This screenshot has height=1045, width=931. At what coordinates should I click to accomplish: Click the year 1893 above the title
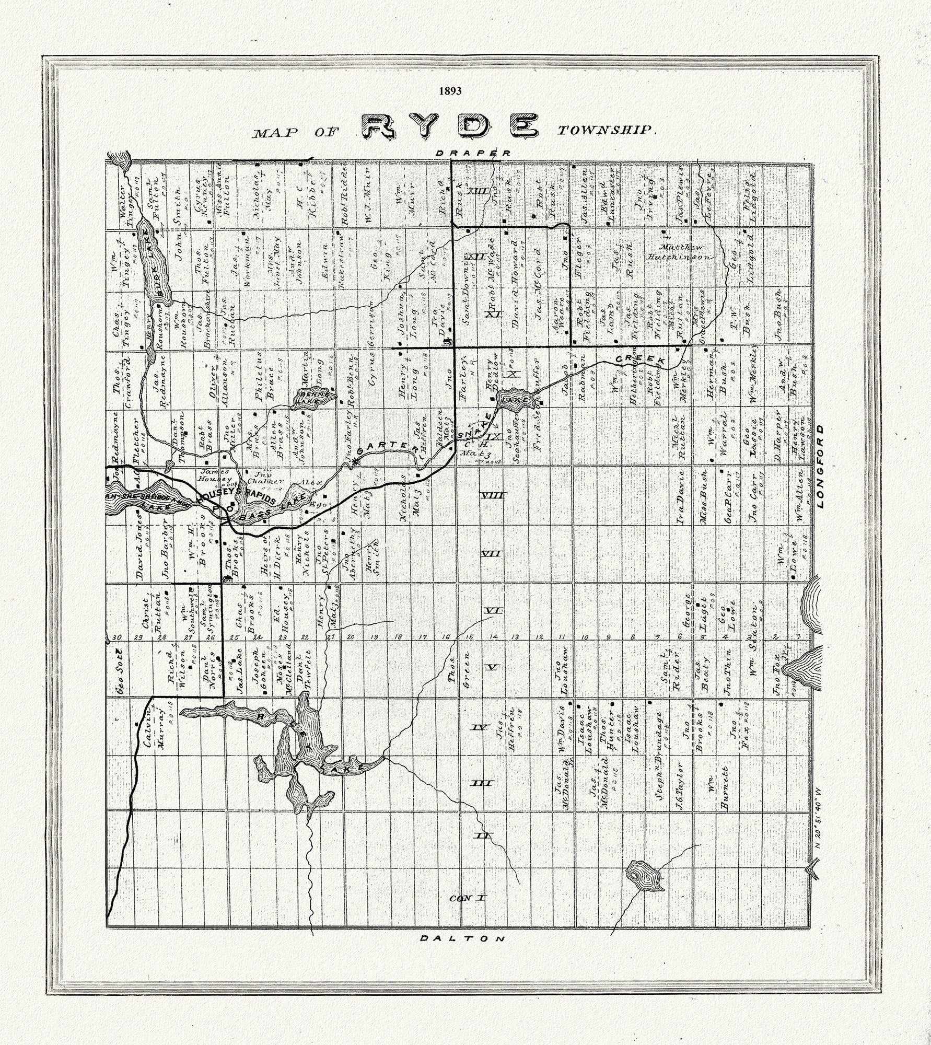450,90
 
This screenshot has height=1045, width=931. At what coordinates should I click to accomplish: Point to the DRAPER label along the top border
473,153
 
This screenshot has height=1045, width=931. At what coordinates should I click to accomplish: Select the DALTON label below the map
463,938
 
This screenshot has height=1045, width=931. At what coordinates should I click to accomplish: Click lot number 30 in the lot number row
117,637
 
